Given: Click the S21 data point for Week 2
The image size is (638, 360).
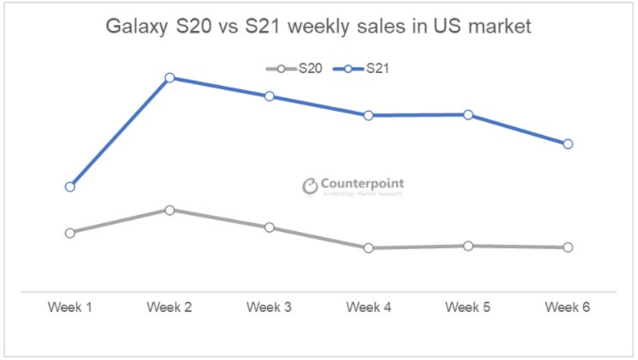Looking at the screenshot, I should (169, 77).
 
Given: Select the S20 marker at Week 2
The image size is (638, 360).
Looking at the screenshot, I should (169, 210).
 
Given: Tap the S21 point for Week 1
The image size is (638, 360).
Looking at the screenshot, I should (70, 186).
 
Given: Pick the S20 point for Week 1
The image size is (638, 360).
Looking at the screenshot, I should (70, 233).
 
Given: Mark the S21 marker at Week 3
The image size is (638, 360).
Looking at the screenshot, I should (269, 96).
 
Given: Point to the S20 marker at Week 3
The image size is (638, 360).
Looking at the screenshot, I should (269, 228).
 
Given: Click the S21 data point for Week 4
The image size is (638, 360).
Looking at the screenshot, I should (368, 115).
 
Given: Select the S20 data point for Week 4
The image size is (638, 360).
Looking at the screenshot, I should (368, 248).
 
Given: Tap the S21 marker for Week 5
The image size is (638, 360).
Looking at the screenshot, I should (468, 114).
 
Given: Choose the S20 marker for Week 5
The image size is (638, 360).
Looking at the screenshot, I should (468, 246).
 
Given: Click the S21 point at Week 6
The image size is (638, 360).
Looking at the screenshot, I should (568, 143).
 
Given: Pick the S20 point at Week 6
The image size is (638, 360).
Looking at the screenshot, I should (568, 247).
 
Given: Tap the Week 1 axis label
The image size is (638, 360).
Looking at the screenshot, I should (70, 307).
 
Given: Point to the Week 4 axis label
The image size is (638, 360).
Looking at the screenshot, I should (368, 307).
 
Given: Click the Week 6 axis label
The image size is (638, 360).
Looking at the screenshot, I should (568, 307).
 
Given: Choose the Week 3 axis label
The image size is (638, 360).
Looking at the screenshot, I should (269, 307).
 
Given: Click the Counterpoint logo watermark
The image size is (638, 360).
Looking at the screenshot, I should (352, 186).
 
